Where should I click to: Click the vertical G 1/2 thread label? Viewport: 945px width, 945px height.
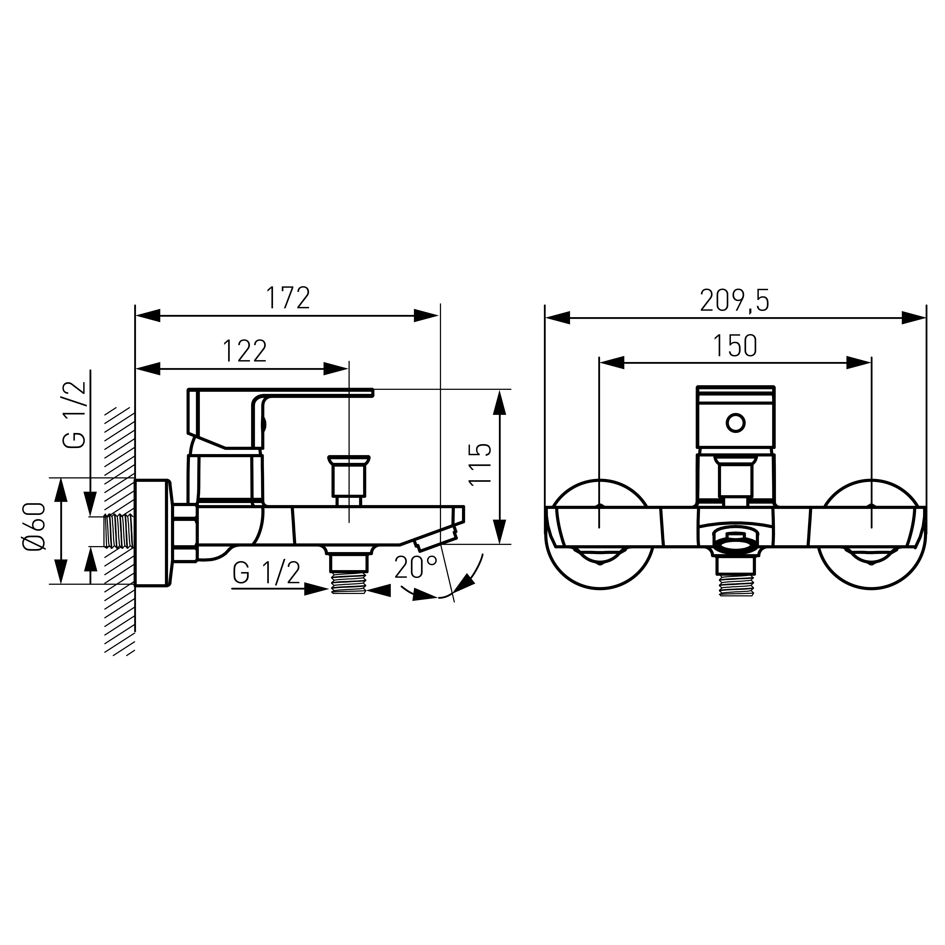(x=74, y=415)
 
